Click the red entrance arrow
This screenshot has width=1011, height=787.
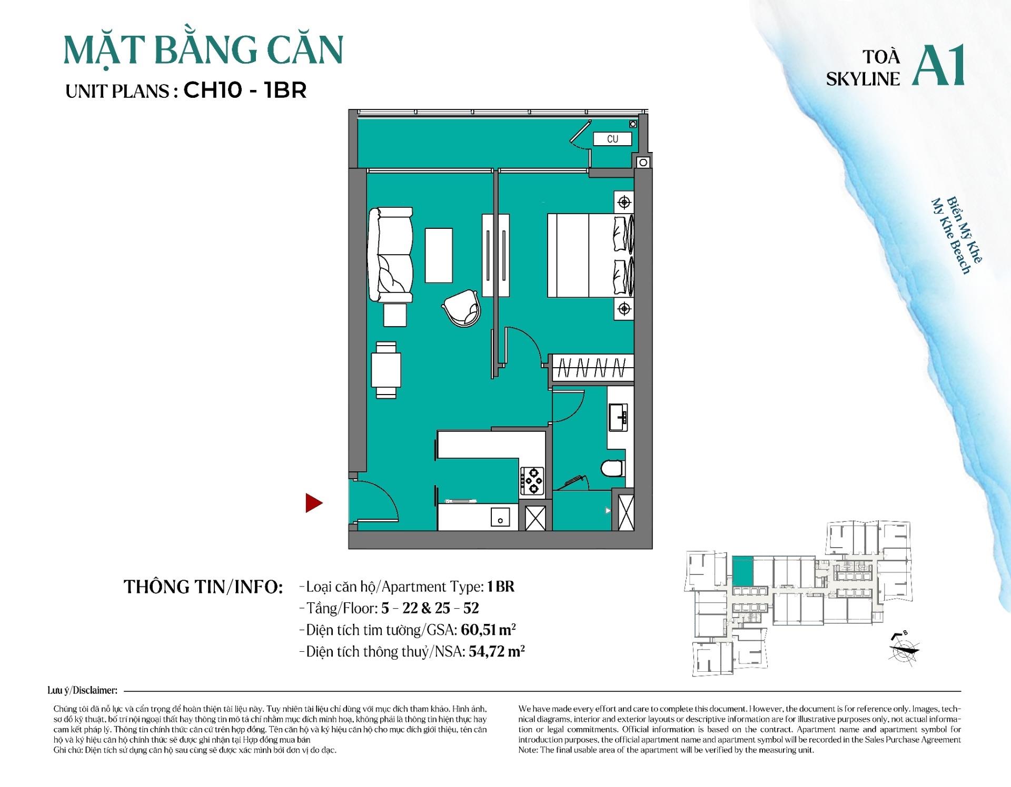pyautogui.click(x=313, y=503)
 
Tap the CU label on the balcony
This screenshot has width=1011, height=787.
pyautogui.click(x=612, y=139)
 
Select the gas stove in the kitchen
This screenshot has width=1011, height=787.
pyautogui.click(x=533, y=481)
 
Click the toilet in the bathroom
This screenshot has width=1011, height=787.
pyautogui.click(x=612, y=468)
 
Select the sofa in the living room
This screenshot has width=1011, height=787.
pyautogui.click(x=390, y=255)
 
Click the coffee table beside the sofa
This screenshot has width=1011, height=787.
pyautogui.click(x=439, y=255)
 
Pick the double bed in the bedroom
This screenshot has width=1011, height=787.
pyautogui.click(x=590, y=255)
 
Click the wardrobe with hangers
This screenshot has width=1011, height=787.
pyautogui.click(x=592, y=367)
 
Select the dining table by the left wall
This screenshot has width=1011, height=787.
pyautogui.click(x=386, y=370)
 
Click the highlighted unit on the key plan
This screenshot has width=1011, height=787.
pyautogui.click(x=742, y=570)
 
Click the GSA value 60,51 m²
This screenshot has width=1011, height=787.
pyautogui.click(x=488, y=630)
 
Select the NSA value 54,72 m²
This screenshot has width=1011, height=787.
pyautogui.click(x=497, y=651)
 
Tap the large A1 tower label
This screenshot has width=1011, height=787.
pyautogui.click(x=938, y=65)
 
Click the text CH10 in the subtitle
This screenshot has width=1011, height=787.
pyautogui.click(x=212, y=90)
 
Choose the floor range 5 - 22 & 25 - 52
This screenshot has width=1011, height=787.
pyautogui.click(x=430, y=608)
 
